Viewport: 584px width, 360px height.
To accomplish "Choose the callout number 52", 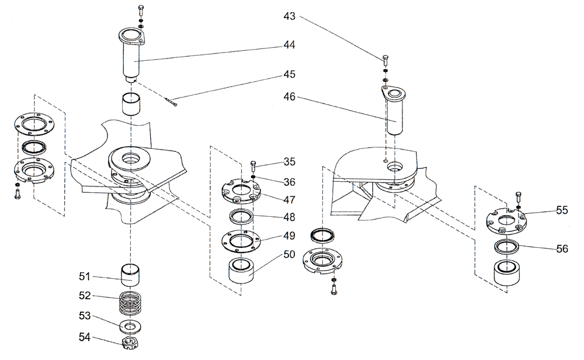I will point(86,296).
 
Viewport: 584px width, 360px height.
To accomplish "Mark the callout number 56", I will point(561,248).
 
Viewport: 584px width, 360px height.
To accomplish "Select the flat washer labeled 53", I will point(133,324).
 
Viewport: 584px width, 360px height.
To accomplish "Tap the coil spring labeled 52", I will point(134,303).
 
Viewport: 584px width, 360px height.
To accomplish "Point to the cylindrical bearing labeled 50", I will point(242,271).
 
